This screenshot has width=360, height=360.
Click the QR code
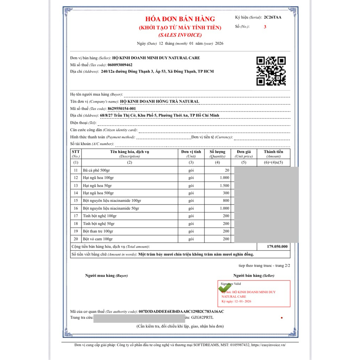point(271,71)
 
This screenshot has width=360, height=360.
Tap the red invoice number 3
point(265,27)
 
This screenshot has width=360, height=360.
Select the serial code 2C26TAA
point(272,17)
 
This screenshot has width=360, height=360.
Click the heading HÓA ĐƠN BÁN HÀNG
point(180,19)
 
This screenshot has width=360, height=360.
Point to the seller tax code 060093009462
point(120,65)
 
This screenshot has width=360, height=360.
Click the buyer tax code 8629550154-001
point(122,109)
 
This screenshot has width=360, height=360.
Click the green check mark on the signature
point(224,288)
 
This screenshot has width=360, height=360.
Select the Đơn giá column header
point(244,154)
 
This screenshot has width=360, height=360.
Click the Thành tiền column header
point(273,154)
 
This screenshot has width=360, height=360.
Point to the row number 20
point(76,239)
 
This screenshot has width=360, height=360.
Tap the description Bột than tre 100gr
point(98,231)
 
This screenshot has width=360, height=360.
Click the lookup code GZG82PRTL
point(202,317)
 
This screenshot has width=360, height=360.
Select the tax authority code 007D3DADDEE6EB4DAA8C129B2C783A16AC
point(181,311)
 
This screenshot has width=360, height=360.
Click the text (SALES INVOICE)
point(180,35)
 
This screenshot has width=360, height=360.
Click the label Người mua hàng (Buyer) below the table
point(107,276)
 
